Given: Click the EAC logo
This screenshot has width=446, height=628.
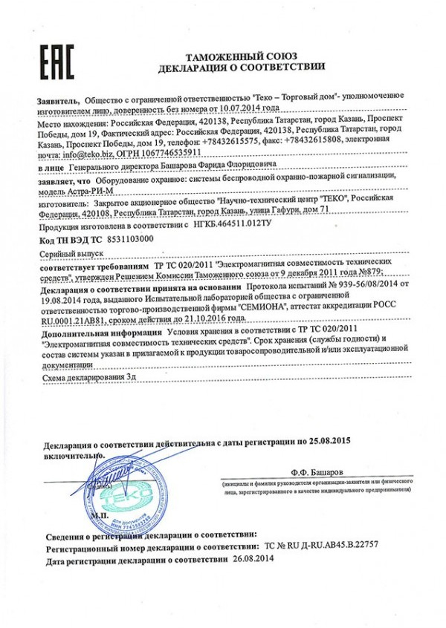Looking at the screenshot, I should (x=56, y=62).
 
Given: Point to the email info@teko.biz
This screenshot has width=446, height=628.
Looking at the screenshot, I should (x=81, y=154).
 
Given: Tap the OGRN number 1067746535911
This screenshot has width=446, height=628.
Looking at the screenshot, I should (x=168, y=154).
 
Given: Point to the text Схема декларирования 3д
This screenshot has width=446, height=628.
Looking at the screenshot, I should (x=83, y=379).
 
